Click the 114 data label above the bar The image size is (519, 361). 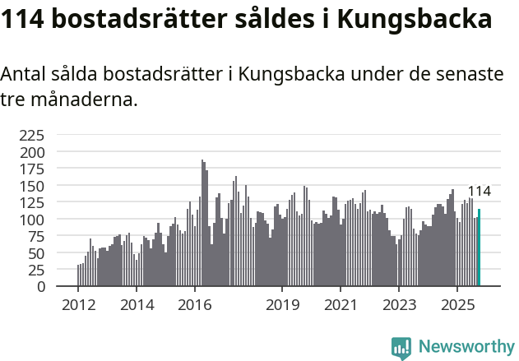click(x=479, y=192)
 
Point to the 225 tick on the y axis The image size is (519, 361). click(x=32, y=136)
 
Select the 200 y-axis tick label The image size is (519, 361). click(x=32, y=153)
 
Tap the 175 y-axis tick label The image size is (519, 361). click(x=32, y=169)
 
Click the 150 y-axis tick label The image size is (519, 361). click(x=32, y=187)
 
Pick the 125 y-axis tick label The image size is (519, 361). click(x=32, y=203)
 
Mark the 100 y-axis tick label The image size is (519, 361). click(x=32, y=220)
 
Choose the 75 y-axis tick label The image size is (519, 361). click(x=36, y=237)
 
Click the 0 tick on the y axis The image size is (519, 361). click(x=41, y=287)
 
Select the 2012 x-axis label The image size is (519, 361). click(x=78, y=306)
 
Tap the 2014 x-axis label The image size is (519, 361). click(x=137, y=306)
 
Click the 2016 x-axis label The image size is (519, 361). click(x=195, y=306)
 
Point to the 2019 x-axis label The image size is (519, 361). click(x=282, y=306)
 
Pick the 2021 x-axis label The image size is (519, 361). click(x=341, y=306)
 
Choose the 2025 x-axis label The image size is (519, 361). click(x=457, y=306)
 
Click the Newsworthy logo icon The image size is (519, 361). click(x=401, y=348)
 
